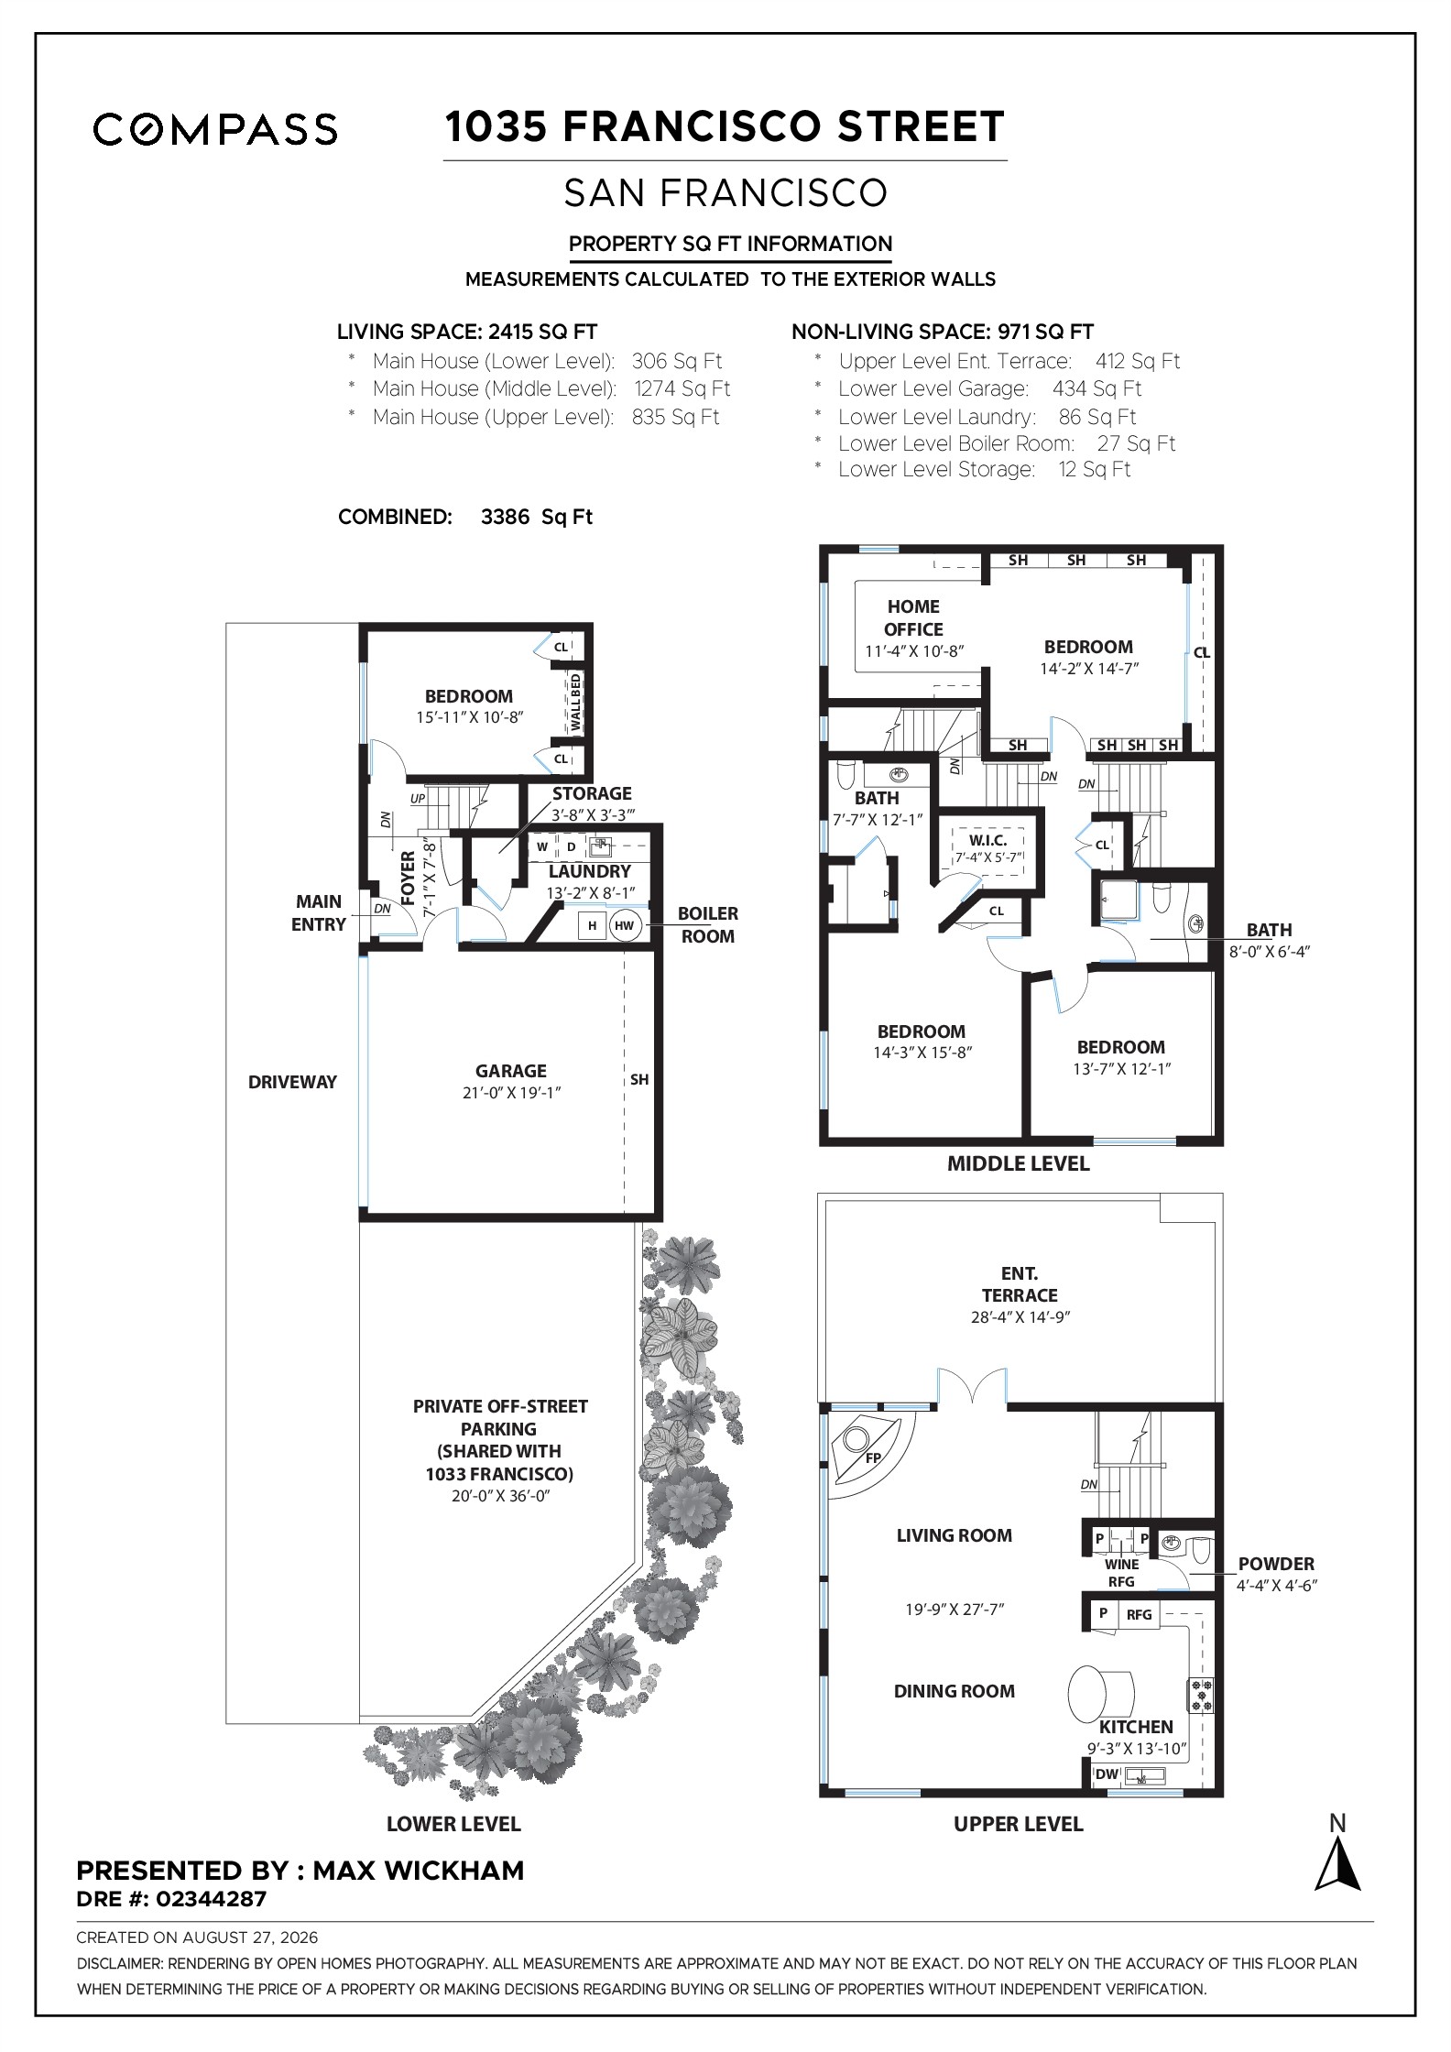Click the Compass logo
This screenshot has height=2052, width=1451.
[215, 129]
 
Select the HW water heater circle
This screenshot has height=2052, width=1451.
[624, 926]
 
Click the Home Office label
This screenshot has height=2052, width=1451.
[913, 617]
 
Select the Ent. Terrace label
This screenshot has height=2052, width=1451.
[1020, 1283]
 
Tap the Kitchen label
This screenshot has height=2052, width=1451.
[1136, 1726]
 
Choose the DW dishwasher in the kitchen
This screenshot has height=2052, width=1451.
[1107, 1774]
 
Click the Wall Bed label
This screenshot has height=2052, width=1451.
[576, 702]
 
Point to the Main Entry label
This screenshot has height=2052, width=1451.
[319, 912]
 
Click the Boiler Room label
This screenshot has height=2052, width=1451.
[707, 924]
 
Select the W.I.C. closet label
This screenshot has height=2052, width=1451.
[988, 840]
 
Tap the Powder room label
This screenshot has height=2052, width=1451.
[1276, 1564]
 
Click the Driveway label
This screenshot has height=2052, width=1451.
[292, 1082]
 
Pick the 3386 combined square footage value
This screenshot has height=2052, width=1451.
[505, 517]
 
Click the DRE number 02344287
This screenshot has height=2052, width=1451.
[212, 1899]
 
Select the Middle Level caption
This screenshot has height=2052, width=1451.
[1018, 1163]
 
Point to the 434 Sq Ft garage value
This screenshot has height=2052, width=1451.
[1096, 388]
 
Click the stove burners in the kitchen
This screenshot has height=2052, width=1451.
[1200, 1696]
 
